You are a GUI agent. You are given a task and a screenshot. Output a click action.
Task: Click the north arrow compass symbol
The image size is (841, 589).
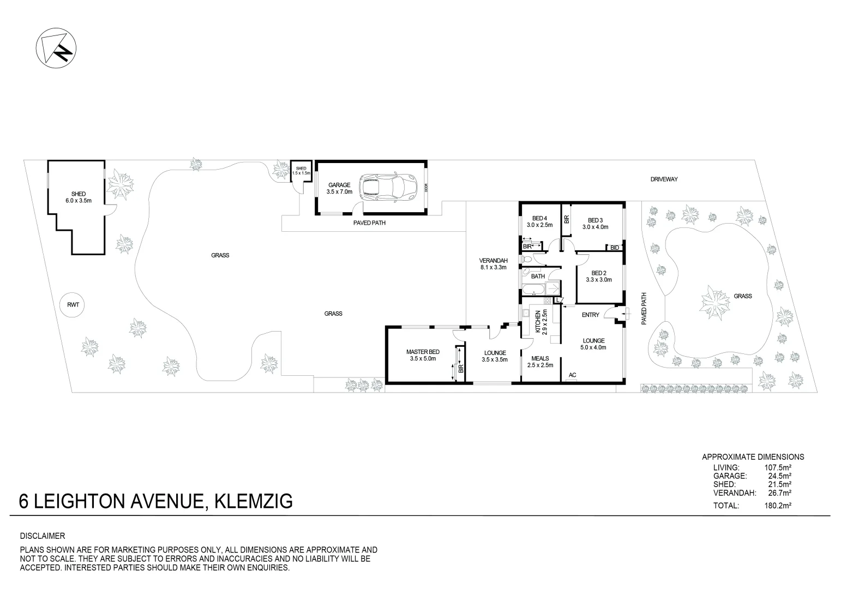(x=56, y=49)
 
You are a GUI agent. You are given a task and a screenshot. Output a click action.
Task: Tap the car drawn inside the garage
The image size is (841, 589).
(x=388, y=187)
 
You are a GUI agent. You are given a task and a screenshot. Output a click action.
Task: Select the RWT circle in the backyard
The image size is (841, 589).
(x=73, y=304)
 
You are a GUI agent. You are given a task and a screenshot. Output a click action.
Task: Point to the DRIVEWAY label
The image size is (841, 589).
(x=664, y=179)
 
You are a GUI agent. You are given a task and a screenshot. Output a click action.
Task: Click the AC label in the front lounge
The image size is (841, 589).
(x=572, y=375)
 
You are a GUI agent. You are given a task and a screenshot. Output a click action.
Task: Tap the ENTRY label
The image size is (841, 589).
(x=591, y=315)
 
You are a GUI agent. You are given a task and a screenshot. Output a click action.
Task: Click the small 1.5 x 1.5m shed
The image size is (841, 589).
(x=301, y=171)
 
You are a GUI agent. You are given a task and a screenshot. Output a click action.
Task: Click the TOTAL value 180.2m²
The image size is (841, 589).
(x=778, y=506)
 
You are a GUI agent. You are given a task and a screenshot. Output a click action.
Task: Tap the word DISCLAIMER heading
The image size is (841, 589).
(x=43, y=536)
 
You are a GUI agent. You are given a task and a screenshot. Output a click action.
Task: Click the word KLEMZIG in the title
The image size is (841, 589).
(x=254, y=501)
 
